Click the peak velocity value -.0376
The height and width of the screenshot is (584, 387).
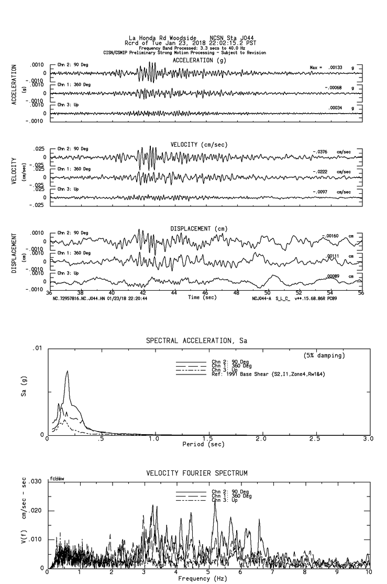click(x=320, y=152)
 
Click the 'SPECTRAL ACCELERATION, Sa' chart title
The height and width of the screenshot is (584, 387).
click(x=196, y=341)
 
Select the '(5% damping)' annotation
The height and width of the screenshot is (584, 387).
click(x=324, y=356)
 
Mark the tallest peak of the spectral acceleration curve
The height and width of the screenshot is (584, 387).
click(x=67, y=371)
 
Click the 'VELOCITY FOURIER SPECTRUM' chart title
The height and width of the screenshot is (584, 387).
click(x=196, y=473)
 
